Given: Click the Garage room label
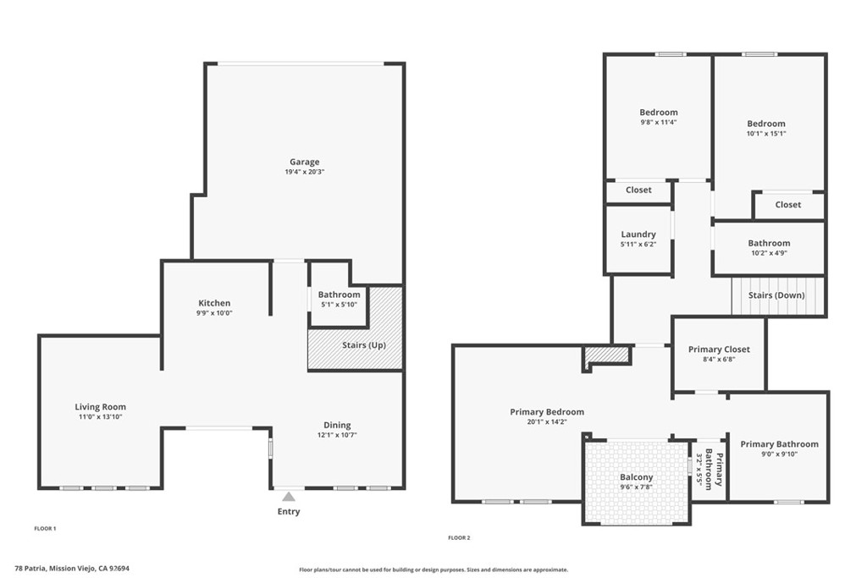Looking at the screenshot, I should click(x=305, y=162).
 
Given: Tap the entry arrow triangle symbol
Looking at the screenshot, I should click(x=289, y=497).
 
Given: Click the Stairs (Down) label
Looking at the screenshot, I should click(x=776, y=295).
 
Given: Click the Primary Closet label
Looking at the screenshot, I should click(x=719, y=350).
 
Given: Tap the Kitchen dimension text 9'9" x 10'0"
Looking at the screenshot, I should click(x=215, y=313).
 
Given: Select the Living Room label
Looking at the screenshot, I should click(x=100, y=407).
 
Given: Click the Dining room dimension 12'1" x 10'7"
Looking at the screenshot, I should click(x=337, y=436).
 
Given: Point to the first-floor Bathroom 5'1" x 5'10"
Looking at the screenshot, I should click(x=339, y=300).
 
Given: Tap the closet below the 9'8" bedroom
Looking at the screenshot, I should click(x=638, y=190).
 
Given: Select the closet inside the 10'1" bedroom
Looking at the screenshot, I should click(x=787, y=205).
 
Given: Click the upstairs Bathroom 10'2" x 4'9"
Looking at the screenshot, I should click(x=769, y=247).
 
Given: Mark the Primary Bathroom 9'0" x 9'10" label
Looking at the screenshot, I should click(x=779, y=444).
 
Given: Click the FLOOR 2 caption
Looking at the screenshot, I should click(x=458, y=537).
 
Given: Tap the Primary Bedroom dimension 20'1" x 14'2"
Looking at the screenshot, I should click(x=547, y=421).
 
